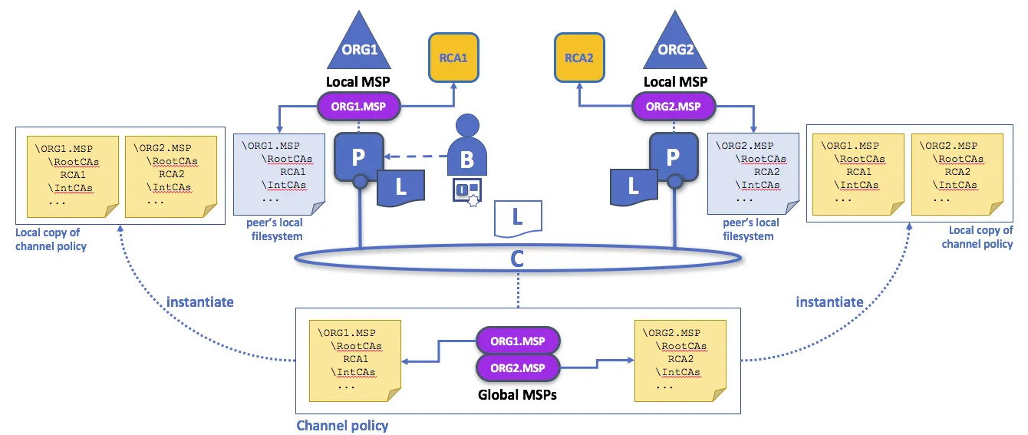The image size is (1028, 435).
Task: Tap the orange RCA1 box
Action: click(x=453, y=57)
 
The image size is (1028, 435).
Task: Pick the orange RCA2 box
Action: click(x=579, y=57)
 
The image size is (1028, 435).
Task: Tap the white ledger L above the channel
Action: click(x=519, y=217)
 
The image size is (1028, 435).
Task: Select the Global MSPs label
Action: click(x=518, y=396)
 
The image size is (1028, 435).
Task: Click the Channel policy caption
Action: click(x=342, y=425)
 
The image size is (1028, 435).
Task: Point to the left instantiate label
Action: click(x=200, y=302)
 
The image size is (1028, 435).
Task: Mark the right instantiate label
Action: click(x=829, y=302)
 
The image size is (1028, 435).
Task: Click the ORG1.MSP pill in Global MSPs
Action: click(x=518, y=340)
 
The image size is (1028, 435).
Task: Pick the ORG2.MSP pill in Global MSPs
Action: click(x=518, y=367)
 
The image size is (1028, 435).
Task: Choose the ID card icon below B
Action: click(x=466, y=192)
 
